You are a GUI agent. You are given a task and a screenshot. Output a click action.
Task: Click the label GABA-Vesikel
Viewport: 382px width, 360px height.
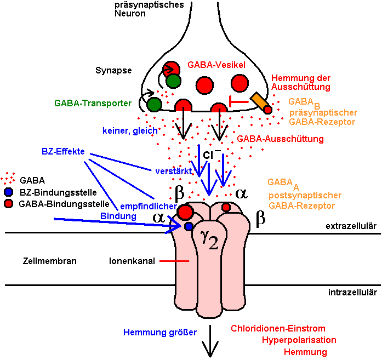pyautogui.click(x=216, y=65)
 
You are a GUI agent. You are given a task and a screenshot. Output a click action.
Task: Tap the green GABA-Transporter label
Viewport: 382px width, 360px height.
pyautogui.click(x=93, y=102)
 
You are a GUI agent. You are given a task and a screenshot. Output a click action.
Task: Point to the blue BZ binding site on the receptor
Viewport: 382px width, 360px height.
pyautogui.click(x=189, y=226)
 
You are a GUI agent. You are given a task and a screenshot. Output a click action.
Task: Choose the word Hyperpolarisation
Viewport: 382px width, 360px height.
pyautogui.click(x=299, y=340)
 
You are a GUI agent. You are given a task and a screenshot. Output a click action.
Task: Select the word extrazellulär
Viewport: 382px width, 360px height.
pyautogui.click(x=351, y=226)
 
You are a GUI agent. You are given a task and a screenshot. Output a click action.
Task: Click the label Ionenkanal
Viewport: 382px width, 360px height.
pyautogui.click(x=130, y=261)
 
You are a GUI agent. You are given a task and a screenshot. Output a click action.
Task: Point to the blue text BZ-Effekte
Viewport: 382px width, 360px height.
pyautogui.click(x=63, y=151)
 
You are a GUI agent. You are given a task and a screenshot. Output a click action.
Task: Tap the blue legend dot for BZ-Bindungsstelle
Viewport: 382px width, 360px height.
pyautogui.click(x=8, y=192)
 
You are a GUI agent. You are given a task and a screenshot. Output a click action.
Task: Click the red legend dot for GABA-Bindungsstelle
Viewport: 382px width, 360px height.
pyautogui.click(x=8, y=204)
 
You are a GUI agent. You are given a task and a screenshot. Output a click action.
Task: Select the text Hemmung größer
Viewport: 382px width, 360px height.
pyautogui.click(x=159, y=332)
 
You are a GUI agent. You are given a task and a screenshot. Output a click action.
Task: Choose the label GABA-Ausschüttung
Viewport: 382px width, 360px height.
pyautogui.click(x=280, y=139)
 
